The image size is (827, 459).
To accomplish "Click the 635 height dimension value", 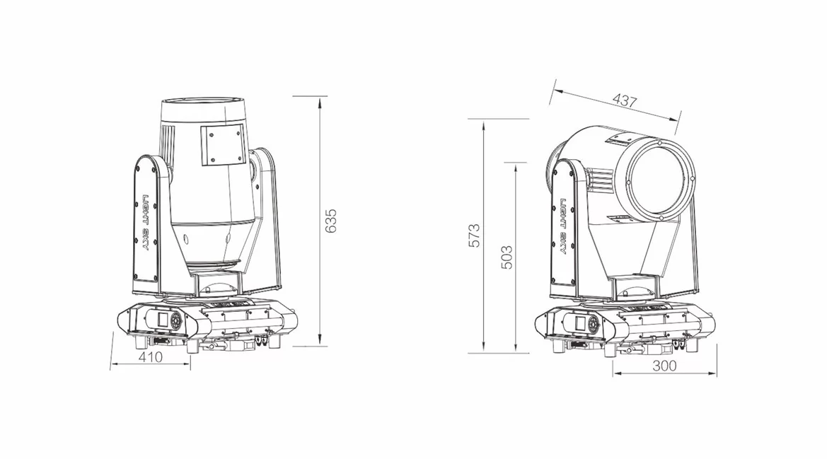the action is coord(330,221).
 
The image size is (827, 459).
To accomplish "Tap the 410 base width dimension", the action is coord(150,356).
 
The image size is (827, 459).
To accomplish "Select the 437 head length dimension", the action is coord(625,100).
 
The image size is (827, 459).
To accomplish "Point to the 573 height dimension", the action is coord(475,236).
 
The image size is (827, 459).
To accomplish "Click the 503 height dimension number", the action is coord(507,257).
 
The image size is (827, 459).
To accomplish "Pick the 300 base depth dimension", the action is coord(664,365).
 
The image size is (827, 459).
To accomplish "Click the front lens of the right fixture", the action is coord(660,180).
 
